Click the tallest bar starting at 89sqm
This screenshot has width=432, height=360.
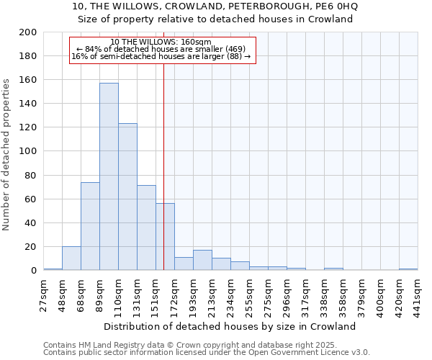point(109,176)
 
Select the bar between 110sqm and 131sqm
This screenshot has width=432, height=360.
point(127,197)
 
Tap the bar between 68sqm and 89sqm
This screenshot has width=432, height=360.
point(90,226)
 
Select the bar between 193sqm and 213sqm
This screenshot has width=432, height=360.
point(202,261)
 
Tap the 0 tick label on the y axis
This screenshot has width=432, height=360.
point(33,271)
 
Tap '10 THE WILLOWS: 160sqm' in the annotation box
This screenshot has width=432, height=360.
point(161,42)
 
